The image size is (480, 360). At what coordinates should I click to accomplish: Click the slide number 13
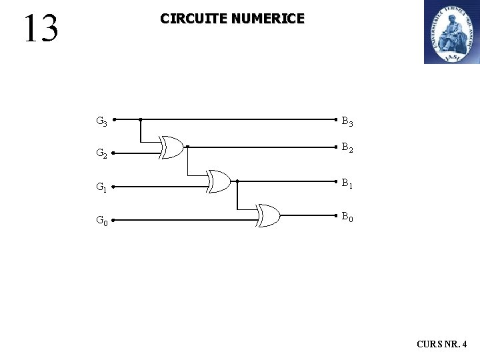click(41, 29)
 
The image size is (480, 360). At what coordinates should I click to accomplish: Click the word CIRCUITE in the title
click(193, 19)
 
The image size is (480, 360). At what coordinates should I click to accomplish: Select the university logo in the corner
click(451, 32)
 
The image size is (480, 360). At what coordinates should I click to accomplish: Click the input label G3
click(101, 121)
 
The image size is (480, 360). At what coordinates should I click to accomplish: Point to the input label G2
click(101, 154)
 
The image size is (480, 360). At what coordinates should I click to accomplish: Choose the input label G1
click(101, 188)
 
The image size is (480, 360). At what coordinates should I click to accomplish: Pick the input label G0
click(101, 220)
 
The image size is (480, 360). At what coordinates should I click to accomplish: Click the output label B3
click(347, 122)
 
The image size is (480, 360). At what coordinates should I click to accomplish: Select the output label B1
click(347, 183)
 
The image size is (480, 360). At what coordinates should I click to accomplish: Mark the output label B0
click(347, 216)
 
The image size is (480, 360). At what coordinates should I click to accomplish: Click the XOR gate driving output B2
click(173, 147)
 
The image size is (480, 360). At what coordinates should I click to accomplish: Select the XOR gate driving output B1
click(219, 181)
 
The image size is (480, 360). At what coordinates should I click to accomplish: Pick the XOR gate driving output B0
click(269, 215)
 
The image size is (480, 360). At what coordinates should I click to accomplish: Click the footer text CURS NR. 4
click(441, 345)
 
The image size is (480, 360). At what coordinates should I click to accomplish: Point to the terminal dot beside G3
click(114, 120)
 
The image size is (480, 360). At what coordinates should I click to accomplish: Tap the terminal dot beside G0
click(114, 220)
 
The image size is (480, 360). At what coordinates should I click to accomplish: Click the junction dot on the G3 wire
click(140, 120)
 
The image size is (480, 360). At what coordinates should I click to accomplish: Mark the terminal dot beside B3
click(335, 120)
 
